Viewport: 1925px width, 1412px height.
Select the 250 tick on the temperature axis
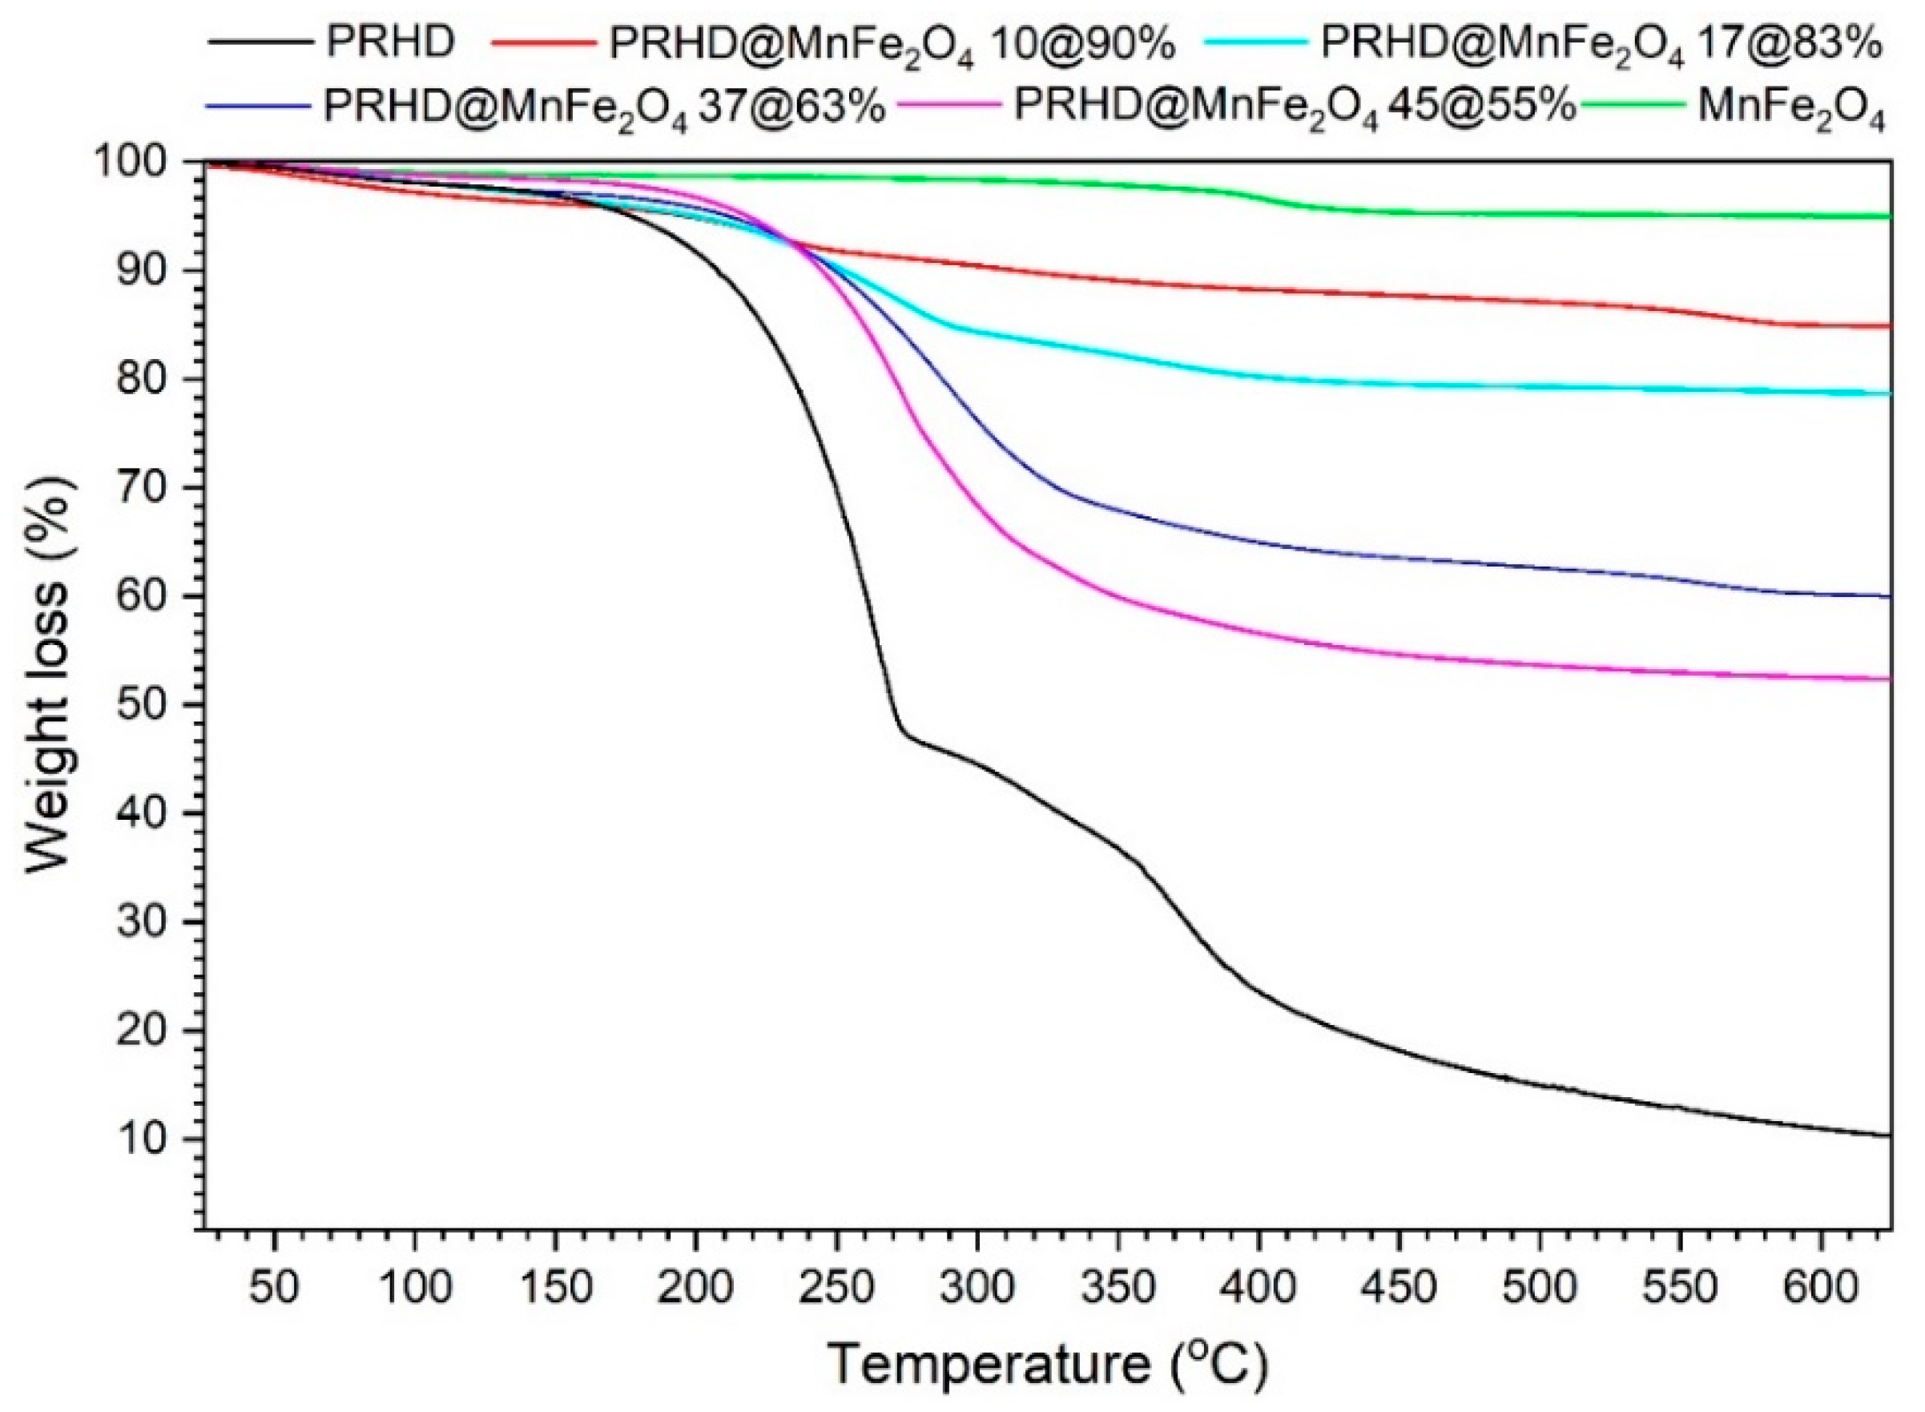tap(836, 1288)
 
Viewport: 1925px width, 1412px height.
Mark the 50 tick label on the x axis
tap(274, 1288)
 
